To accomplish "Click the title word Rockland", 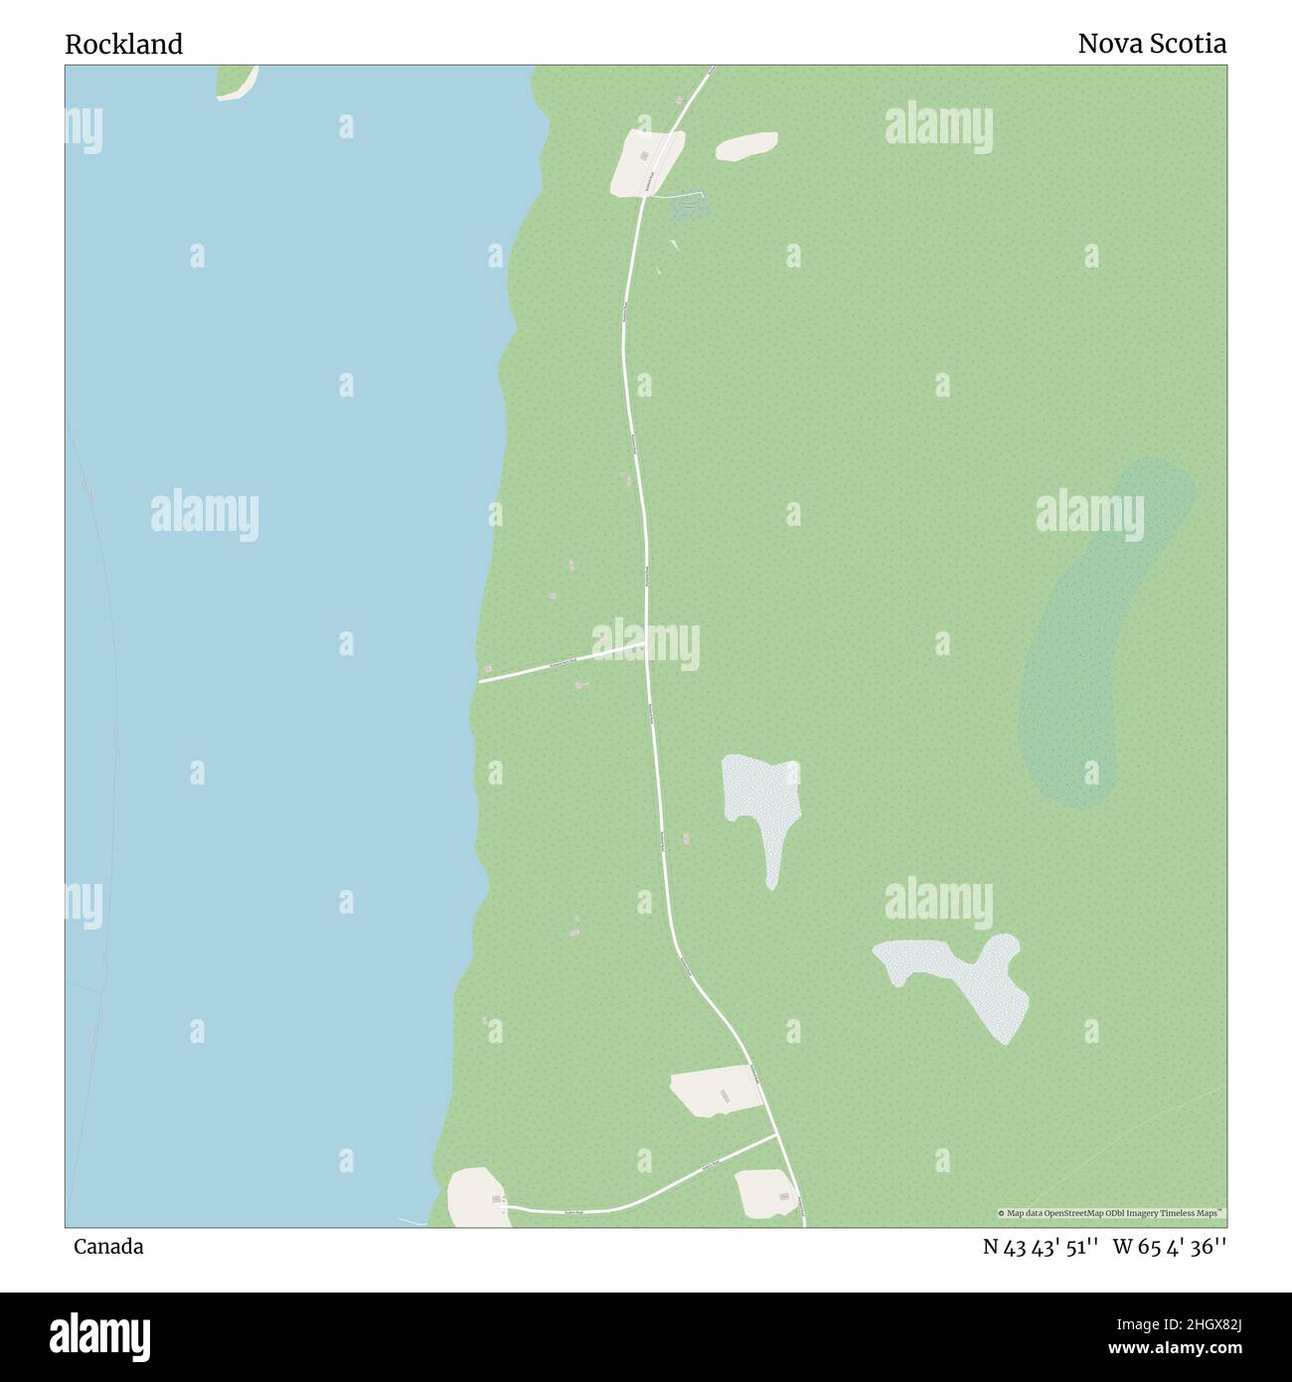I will click(x=124, y=45).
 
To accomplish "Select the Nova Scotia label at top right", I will click(x=1152, y=45).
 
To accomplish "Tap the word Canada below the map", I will click(x=107, y=1247).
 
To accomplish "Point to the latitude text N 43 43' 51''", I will click(x=1040, y=1247).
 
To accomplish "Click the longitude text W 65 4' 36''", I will click(x=1170, y=1247).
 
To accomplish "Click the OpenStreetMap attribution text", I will click(x=1111, y=1213).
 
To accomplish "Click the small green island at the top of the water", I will click(x=236, y=82).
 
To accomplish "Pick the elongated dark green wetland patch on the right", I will click(x=1103, y=631).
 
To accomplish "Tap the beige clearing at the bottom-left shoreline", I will click(x=478, y=1197).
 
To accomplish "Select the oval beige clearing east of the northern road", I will click(x=746, y=146).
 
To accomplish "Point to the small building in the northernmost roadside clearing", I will click(x=644, y=155).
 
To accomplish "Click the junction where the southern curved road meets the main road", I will click(x=776, y=1134).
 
